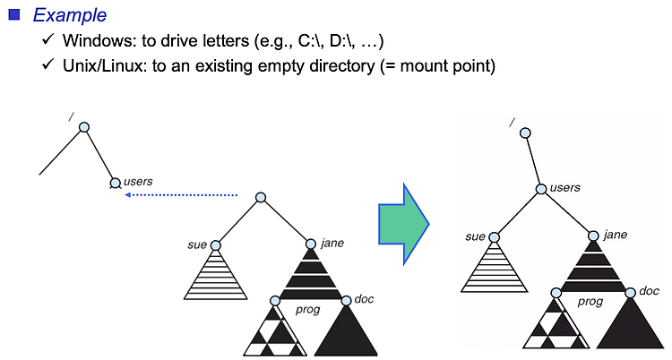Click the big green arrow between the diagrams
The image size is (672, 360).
tap(403, 226)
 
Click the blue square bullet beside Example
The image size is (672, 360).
tap(13, 15)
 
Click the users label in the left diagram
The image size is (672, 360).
tap(138, 181)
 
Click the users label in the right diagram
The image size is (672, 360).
tap(564, 187)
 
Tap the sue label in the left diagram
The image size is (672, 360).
tap(197, 242)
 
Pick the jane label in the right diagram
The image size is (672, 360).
tap(616, 235)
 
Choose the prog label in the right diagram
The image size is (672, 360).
tap(590, 302)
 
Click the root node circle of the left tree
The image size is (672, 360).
tap(83, 127)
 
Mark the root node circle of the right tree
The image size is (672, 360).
tap(526, 133)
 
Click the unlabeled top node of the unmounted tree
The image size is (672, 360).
tap(261, 197)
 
